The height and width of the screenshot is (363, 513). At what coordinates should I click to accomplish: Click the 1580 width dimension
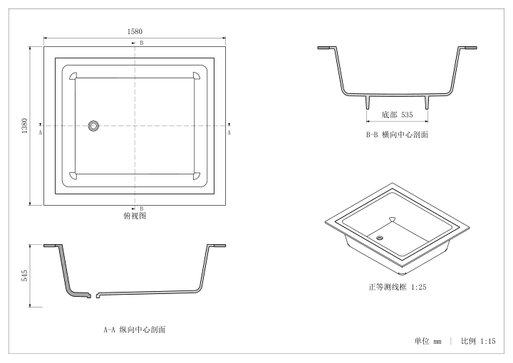click(135, 31)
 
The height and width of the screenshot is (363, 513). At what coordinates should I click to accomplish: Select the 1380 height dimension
click(24, 126)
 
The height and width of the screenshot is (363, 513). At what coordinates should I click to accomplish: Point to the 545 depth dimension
click(24, 275)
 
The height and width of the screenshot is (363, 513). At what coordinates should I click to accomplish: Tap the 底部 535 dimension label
click(397, 115)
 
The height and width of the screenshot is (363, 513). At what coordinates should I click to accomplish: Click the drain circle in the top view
click(93, 126)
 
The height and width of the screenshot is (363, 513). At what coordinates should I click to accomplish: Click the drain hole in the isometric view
click(380, 238)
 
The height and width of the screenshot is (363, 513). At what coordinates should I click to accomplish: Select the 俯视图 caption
click(135, 216)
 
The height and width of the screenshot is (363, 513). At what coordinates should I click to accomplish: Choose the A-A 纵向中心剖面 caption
click(135, 330)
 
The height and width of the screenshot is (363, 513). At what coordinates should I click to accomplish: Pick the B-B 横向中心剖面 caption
click(397, 135)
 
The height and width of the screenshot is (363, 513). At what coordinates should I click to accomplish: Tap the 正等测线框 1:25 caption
click(398, 287)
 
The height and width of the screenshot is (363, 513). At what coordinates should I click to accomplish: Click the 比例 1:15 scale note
click(478, 341)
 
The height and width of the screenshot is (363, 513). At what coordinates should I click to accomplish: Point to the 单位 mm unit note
click(427, 342)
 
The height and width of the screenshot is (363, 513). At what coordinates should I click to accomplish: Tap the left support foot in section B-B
click(368, 102)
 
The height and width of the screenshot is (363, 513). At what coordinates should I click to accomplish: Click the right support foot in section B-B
click(427, 102)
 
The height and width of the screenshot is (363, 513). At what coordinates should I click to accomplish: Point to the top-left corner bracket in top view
click(73, 75)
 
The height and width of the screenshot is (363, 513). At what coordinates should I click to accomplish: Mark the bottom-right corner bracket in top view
click(197, 176)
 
